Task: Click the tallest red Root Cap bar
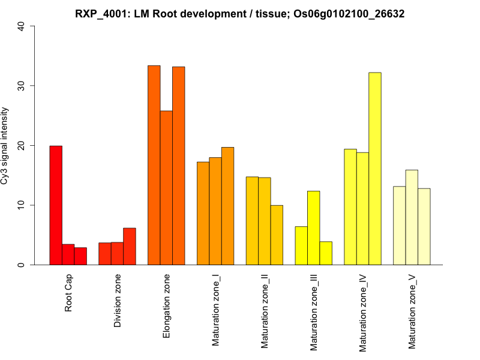(x=56, y=205)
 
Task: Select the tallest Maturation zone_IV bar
(x=374, y=169)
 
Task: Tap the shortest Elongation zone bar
(x=166, y=188)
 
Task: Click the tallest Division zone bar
(x=129, y=246)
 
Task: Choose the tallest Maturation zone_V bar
(x=412, y=217)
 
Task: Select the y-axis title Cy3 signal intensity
(x=5, y=146)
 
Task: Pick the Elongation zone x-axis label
(x=166, y=305)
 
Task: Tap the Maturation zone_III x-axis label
(x=313, y=312)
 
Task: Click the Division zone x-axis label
(x=118, y=301)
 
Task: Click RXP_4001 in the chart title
(x=100, y=13)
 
